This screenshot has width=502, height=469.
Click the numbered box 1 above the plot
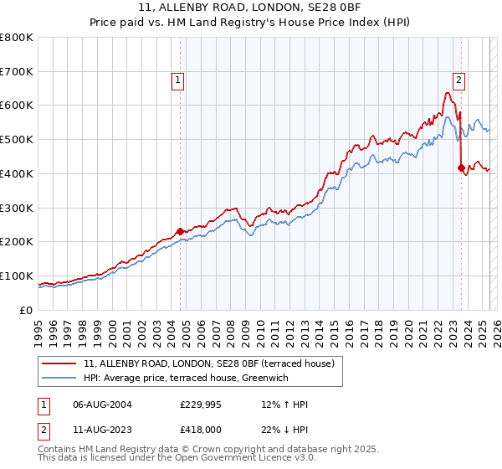[x=179, y=80]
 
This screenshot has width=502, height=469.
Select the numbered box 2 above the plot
[x=459, y=80]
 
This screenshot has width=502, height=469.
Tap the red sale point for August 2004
[x=180, y=231]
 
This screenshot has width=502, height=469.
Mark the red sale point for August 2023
[x=461, y=167]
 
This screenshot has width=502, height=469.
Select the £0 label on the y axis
[x=28, y=310]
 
